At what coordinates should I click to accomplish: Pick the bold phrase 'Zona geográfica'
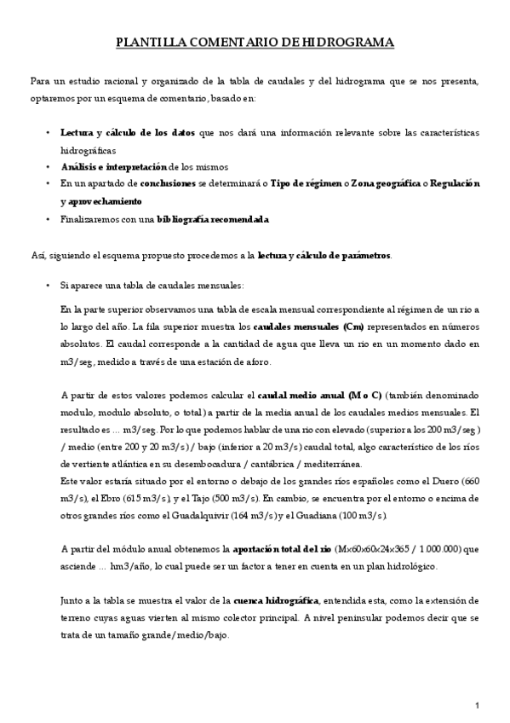pyautogui.click(x=388, y=184)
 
